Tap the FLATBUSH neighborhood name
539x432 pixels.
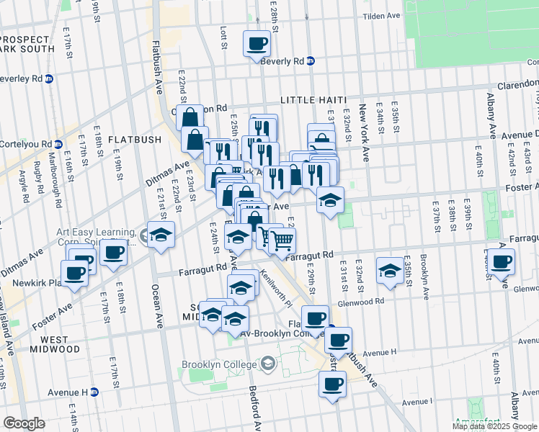131,139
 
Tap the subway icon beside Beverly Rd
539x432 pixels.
311,61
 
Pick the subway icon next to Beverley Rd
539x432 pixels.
50,78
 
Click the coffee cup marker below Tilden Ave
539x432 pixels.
257,44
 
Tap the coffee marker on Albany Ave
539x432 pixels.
502,261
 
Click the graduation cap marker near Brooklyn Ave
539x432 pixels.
390,270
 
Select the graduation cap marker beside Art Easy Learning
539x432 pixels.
162,234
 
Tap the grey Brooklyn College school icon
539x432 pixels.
269,364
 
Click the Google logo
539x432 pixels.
24,423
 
